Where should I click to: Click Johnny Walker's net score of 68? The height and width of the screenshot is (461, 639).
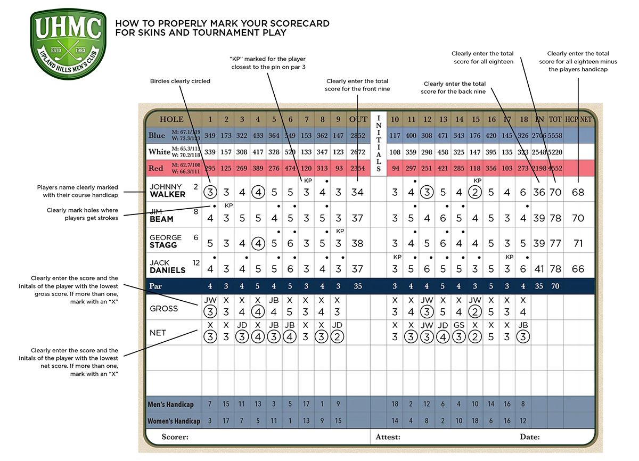pyautogui.click(x=578, y=192)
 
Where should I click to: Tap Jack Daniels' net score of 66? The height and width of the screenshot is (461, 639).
pyautogui.click(x=578, y=269)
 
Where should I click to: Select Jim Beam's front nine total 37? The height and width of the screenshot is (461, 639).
pyautogui.click(x=358, y=218)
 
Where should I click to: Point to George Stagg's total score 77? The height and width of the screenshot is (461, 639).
pyautogui.click(x=555, y=244)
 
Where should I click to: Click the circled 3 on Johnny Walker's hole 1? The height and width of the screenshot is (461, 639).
pyautogui.click(x=210, y=192)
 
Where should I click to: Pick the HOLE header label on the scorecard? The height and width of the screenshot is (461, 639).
pyautogui.click(x=171, y=120)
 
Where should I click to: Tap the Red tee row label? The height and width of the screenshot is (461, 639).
pyautogui.click(x=155, y=168)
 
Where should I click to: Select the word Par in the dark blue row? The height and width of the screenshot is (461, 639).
pyautogui.click(x=155, y=286)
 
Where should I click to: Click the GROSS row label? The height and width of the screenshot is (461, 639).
pyautogui.click(x=163, y=308)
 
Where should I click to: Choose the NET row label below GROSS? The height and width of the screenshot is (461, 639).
pyautogui.click(x=158, y=333)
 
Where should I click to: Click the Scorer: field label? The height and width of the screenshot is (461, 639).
pyautogui.click(x=175, y=437)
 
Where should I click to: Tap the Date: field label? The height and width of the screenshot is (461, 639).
pyautogui.click(x=530, y=437)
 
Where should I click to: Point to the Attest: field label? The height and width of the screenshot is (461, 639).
pyautogui.click(x=388, y=437)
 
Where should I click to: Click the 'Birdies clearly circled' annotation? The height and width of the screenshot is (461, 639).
pyautogui.click(x=181, y=81)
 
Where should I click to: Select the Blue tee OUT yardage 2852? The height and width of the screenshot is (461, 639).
pyautogui.click(x=358, y=136)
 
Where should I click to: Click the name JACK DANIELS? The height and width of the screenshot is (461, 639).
pyautogui.click(x=167, y=267)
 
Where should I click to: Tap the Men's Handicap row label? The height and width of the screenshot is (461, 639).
pyautogui.click(x=170, y=405)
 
